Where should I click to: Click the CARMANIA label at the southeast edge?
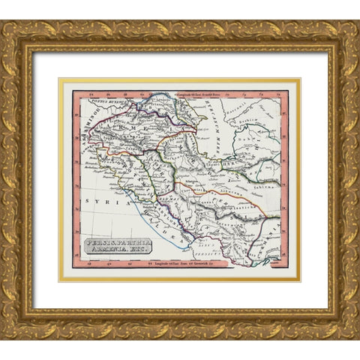tap(274, 225)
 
